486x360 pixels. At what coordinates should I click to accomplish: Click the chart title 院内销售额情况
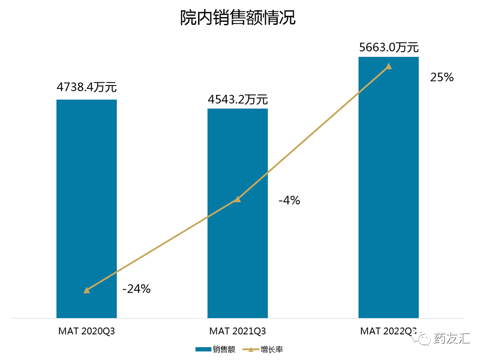click(238, 18)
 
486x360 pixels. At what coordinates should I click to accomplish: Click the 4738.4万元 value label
click(86, 87)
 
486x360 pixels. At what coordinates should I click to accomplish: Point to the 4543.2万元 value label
click(238, 99)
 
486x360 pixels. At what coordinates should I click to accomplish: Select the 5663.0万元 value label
click(389, 47)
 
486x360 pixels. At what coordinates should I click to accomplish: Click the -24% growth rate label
click(136, 289)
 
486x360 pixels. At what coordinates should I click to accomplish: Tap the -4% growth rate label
click(289, 200)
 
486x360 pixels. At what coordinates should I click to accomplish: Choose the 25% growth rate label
click(442, 77)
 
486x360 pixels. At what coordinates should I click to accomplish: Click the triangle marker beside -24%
click(86, 290)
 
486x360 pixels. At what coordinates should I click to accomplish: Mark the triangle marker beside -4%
click(238, 199)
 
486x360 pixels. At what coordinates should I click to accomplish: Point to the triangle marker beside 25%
click(389, 66)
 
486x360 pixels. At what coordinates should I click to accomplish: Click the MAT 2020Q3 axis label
click(86, 332)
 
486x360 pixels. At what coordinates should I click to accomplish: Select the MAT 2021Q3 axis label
click(238, 332)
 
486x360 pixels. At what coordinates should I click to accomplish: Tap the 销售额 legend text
click(224, 349)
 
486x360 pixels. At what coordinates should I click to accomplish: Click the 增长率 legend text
click(272, 349)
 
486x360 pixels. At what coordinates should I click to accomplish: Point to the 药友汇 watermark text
click(452, 338)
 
